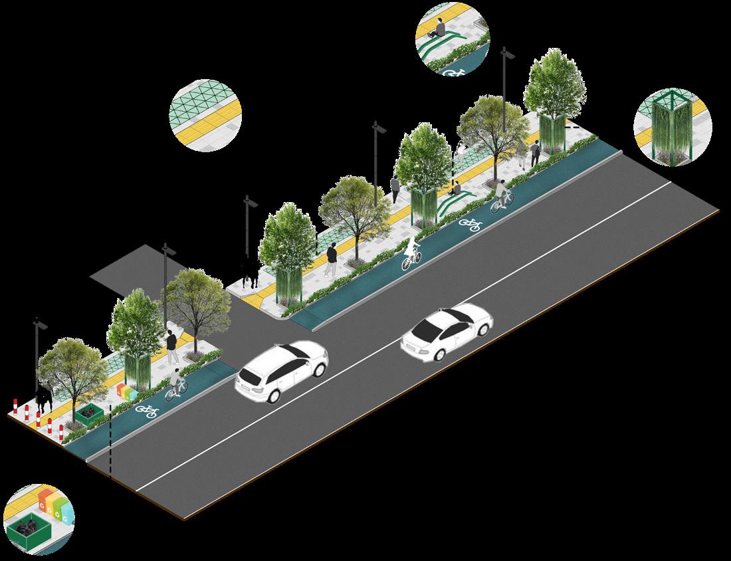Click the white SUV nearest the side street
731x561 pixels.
[x=282, y=372]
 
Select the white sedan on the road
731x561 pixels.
[x=447, y=332]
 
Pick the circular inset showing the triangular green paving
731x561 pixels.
[x=205, y=116]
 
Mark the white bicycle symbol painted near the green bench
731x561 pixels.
[x=470, y=225]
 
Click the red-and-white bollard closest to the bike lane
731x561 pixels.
[x=61, y=433]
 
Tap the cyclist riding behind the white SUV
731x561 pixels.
[x=175, y=384]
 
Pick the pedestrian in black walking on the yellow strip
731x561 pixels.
[x=331, y=258]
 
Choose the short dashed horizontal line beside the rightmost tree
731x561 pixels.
[x=574, y=126]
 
